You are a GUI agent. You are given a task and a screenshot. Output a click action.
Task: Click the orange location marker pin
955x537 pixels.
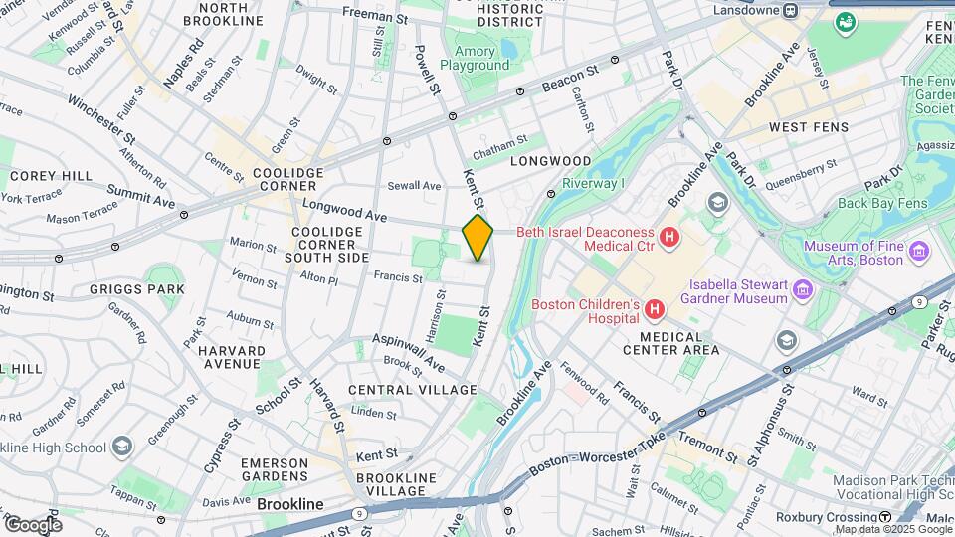tap(477, 238)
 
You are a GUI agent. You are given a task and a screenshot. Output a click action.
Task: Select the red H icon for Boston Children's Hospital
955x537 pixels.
tap(655, 311)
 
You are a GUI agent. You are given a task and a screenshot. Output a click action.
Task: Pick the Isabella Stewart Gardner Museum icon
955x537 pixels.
tap(803, 291)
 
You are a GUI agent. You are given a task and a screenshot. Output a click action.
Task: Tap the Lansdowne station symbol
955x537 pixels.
tap(790, 11)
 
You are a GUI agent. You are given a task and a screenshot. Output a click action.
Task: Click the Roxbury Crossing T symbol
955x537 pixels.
tap(884, 517)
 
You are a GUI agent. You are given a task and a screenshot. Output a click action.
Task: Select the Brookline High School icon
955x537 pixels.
tap(122, 446)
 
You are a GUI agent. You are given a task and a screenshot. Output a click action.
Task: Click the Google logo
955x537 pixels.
tap(32, 524)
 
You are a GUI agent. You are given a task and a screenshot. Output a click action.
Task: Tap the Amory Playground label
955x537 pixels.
tap(481, 58)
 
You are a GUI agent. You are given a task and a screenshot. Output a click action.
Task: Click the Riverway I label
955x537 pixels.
tap(593, 183)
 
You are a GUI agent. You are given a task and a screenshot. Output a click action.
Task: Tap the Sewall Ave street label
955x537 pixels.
tap(414, 186)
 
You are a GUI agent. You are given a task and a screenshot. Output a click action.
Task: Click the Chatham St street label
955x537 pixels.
tap(498, 151)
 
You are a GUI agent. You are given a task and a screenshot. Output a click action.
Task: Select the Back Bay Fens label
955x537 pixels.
tap(882, 203)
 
